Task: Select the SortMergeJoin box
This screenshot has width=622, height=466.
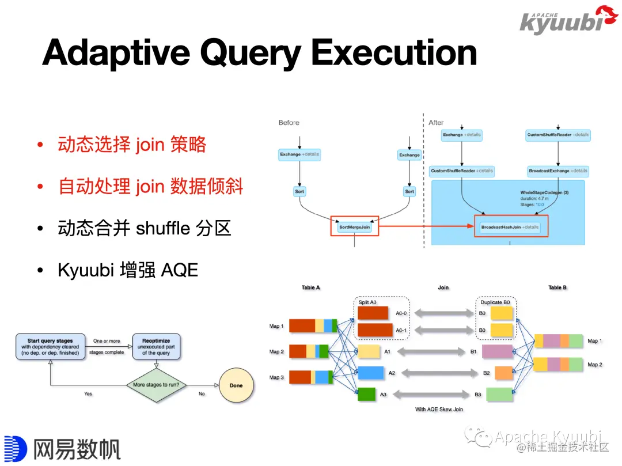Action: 355,228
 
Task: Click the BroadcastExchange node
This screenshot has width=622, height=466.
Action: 557,171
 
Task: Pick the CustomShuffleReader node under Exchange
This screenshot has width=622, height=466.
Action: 462,171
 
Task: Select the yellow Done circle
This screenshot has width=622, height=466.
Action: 236,385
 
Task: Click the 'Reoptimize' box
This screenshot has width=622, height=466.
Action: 156,347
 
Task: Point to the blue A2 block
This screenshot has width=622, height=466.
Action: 370,373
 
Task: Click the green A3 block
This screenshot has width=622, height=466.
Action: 367,395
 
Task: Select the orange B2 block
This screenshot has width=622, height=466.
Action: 503,373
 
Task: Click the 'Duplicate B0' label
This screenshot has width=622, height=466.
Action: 495,302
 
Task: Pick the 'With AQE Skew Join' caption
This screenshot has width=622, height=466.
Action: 439,410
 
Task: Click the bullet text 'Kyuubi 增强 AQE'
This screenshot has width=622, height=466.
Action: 128,270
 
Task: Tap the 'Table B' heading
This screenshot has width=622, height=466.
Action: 557,287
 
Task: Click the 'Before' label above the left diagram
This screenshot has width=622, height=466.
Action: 289,123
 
